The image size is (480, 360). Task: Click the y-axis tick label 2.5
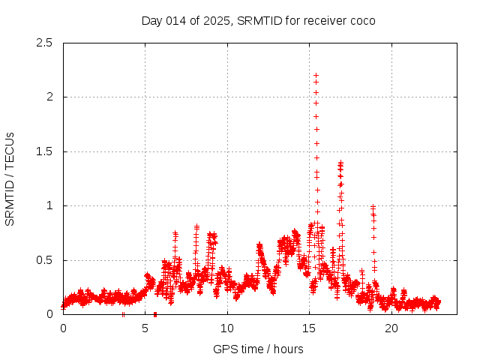pos(46,43)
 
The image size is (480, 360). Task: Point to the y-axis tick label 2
pos(50,97)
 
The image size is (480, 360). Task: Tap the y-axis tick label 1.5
pos(46,151)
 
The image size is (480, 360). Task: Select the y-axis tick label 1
pos(50,205)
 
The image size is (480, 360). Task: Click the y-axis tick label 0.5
pos(46,260)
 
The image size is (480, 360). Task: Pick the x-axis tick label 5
pos(145,328)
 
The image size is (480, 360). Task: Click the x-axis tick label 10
pos(227,328)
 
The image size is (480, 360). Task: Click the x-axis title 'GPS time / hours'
pos(258,349)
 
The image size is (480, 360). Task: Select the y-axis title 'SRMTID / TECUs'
pos(10,178)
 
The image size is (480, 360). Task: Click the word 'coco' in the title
pos(361,20)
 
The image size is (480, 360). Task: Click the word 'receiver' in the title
pos(323,20)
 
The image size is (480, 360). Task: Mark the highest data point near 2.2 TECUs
pos(316,75)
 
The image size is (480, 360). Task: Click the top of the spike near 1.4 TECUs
pos(340,162)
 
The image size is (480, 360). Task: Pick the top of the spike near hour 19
pos(373,206)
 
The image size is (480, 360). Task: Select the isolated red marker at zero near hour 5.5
pos(154,313)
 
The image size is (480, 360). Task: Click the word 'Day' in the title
pos(151,20)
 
